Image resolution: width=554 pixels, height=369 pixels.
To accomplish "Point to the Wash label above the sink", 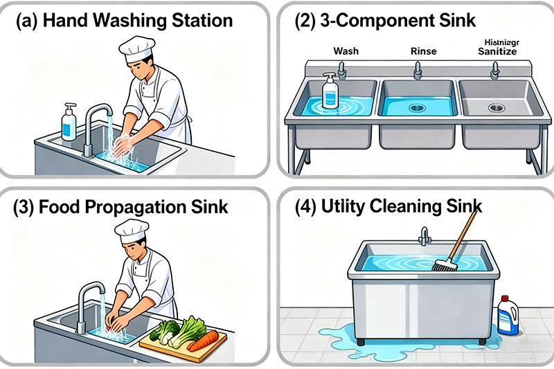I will click(x=346, y=51).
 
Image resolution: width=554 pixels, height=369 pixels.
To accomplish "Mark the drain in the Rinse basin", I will click(x=417, y=107).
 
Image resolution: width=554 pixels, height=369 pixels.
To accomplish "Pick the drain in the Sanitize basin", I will click(x=497, y=107).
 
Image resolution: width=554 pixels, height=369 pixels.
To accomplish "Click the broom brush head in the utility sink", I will click(x=443, y=264).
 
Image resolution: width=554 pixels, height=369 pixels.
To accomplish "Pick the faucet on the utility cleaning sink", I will click(x=425, y=237).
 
